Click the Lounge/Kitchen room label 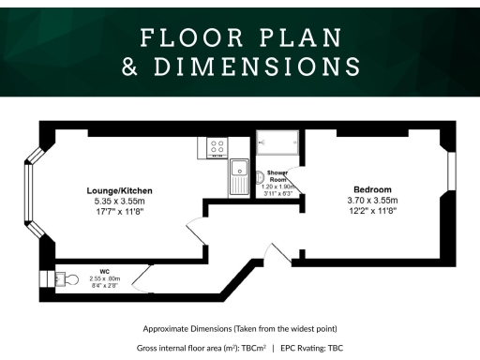tap(119, 191)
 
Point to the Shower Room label tap(277, 176)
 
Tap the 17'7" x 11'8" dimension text tap(119, 213)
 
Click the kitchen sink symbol tap(239, 176)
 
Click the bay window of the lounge tap(33, 192)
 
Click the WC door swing tap(141, 277)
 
